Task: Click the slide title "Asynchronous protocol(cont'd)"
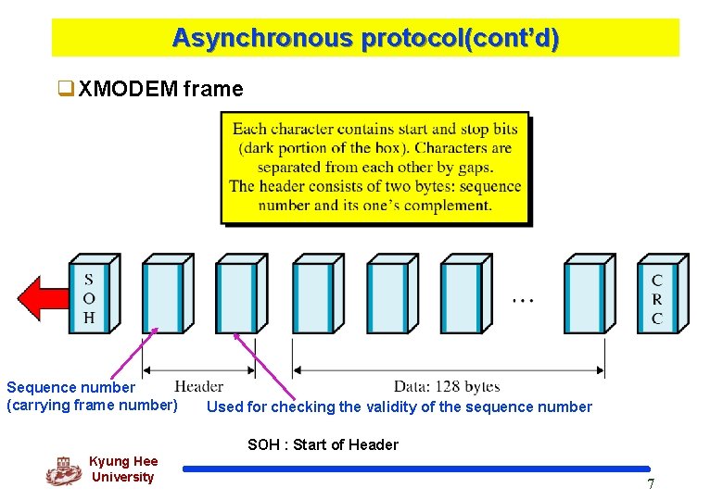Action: coord(365,38)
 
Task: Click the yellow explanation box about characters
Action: coord(375,168)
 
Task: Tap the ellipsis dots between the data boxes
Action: coord(523,300)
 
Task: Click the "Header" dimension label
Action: coord(198,386)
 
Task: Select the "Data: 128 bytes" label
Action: coord(447,386)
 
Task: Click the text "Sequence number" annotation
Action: coord(70,387)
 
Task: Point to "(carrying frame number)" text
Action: coord(92,405)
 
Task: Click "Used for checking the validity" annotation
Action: coord(399,406)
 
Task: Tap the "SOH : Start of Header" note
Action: coord(323,444)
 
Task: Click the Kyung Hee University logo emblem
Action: coord(63,471)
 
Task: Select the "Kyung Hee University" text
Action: coord(122,469)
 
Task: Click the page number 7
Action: coord(651,484)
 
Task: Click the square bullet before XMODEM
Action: coord(65,90)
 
